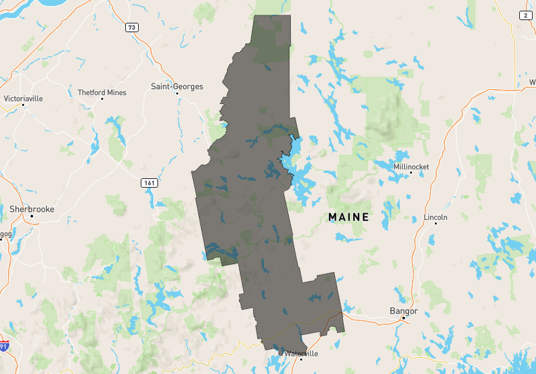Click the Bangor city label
403,311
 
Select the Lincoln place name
435,217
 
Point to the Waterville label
301,353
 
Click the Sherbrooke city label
31,209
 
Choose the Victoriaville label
23,98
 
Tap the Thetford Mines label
102,92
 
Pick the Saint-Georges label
177,86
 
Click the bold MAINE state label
348,217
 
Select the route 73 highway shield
131,27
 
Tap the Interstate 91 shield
5,346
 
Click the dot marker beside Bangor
403,318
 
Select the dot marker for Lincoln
435,224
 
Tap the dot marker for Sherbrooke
31,216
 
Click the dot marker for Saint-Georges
177,94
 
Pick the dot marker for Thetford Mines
102,99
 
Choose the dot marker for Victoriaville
23,105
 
